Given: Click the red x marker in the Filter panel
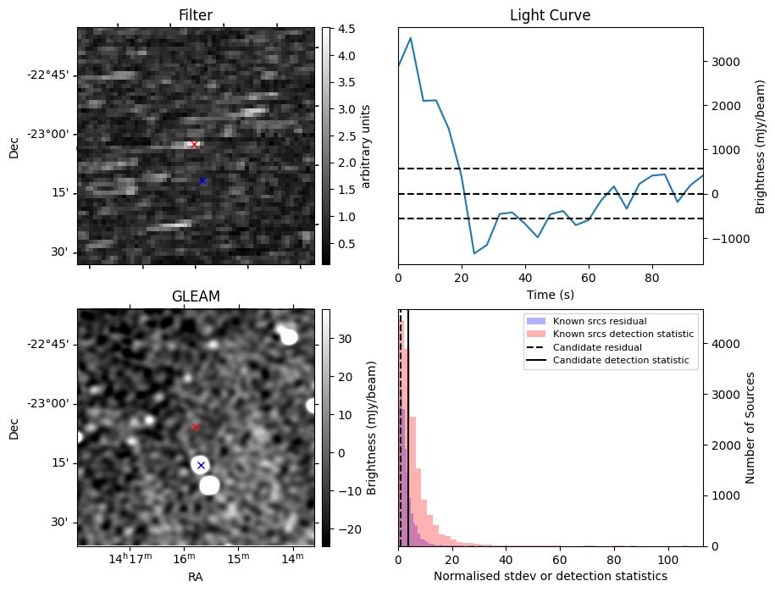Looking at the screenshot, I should pos(194,144).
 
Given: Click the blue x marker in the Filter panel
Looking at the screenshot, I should pos(202,180).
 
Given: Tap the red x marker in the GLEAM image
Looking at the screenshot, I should pos(196,427).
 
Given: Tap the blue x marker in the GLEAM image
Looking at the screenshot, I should pos(201,465).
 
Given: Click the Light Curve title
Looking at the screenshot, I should pos(550,15).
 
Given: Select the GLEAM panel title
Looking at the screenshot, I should pos(196,296).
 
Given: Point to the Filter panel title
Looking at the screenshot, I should pos(196,15).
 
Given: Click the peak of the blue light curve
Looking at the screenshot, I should pos(411,37).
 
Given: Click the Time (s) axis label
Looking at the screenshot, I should pos(550,293).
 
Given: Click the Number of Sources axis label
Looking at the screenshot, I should pos(750,428).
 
